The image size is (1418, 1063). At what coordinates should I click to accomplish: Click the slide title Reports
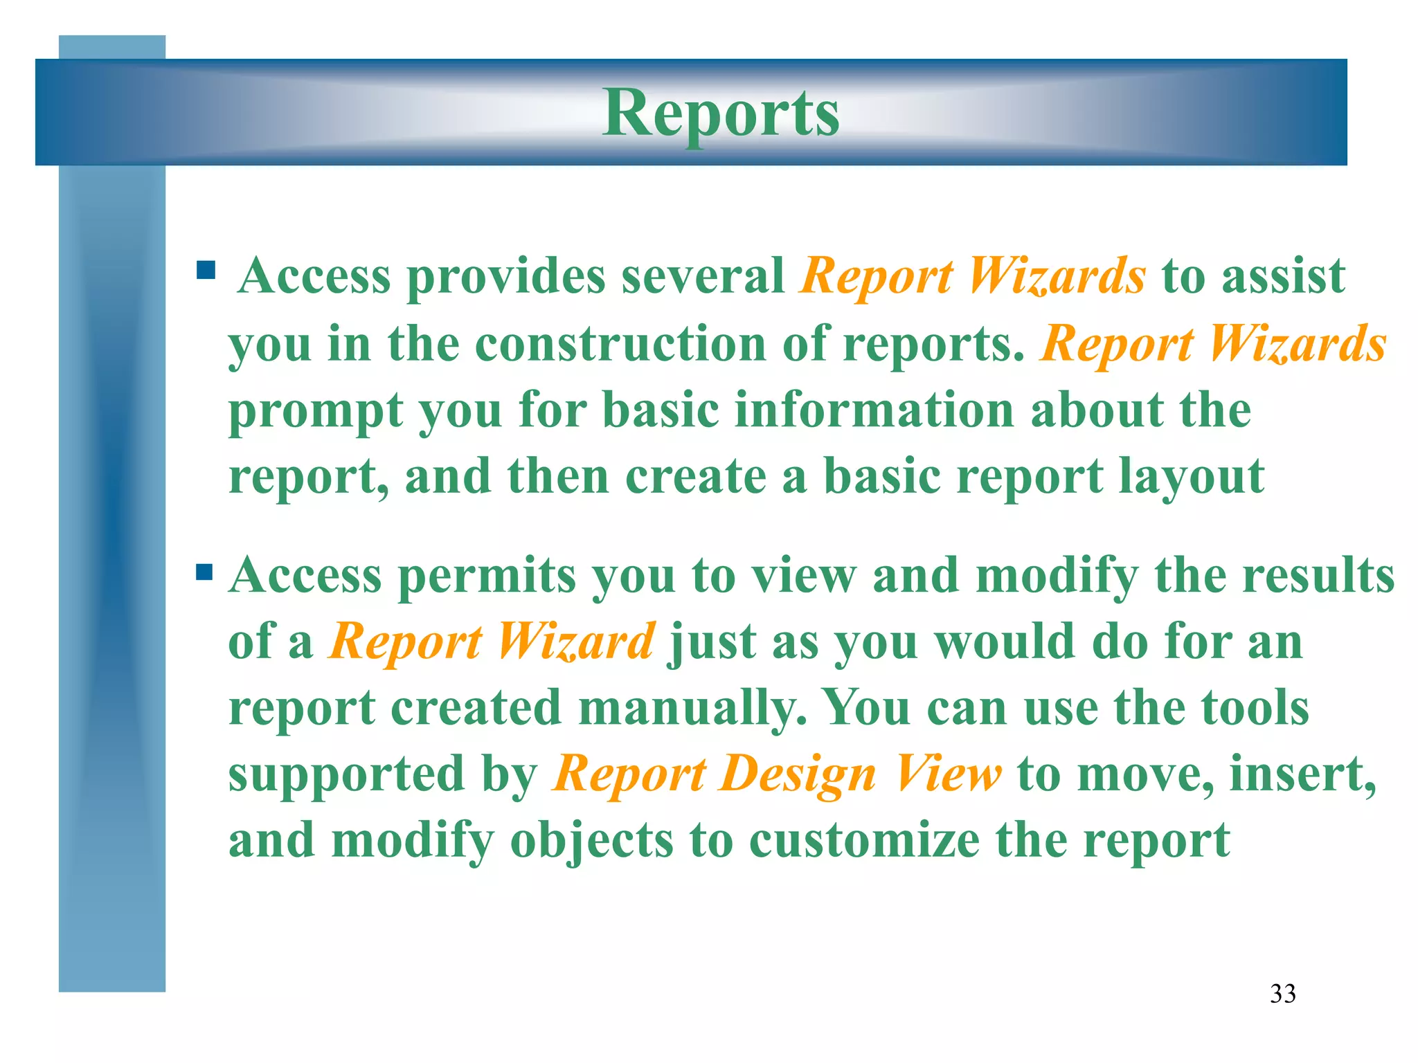point(721,114)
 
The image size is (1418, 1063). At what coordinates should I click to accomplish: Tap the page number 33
point(1283,994)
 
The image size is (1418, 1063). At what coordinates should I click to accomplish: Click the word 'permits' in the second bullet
point(487,576)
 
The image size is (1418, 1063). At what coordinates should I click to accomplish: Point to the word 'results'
point(1318,576)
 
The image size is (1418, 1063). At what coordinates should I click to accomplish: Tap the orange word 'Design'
point(798,774)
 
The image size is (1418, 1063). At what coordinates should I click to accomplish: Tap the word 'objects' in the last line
point(591,840)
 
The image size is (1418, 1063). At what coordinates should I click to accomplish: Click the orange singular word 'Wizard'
point(575,642)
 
